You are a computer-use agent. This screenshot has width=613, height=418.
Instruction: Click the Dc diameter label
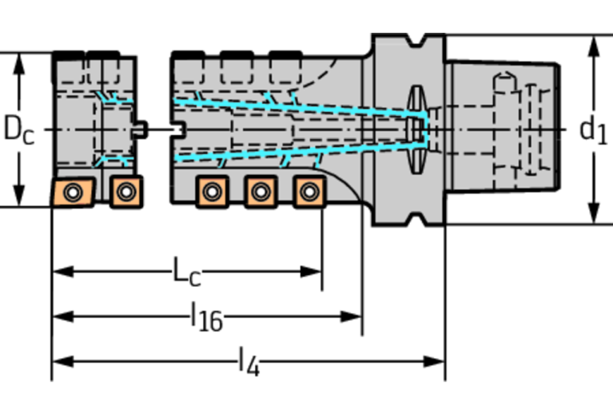(19, 129)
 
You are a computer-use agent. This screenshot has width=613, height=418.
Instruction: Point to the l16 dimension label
(206, 318)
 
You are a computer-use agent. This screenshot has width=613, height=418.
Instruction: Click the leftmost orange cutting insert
(73, 192)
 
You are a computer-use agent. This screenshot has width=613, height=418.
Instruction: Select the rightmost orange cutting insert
(308, 191)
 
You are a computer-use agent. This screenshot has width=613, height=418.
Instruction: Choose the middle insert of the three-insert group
(260, 191)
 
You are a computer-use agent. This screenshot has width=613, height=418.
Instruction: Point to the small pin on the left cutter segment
(141, 128)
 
